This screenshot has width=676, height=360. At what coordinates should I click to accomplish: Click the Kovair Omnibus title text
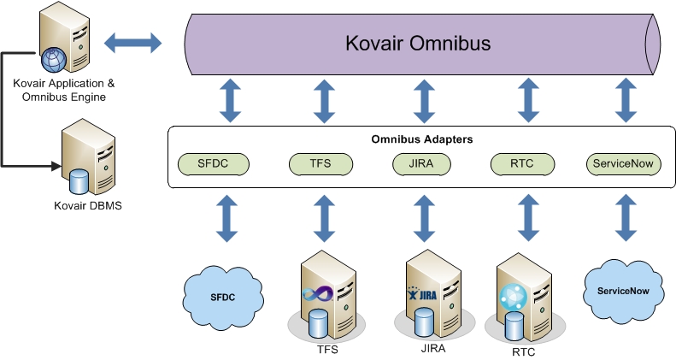419,42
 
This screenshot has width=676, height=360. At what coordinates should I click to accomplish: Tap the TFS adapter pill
321,162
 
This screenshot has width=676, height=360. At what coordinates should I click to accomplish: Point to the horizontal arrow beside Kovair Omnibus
132,42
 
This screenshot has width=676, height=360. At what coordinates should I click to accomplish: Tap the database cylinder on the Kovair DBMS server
79,181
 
